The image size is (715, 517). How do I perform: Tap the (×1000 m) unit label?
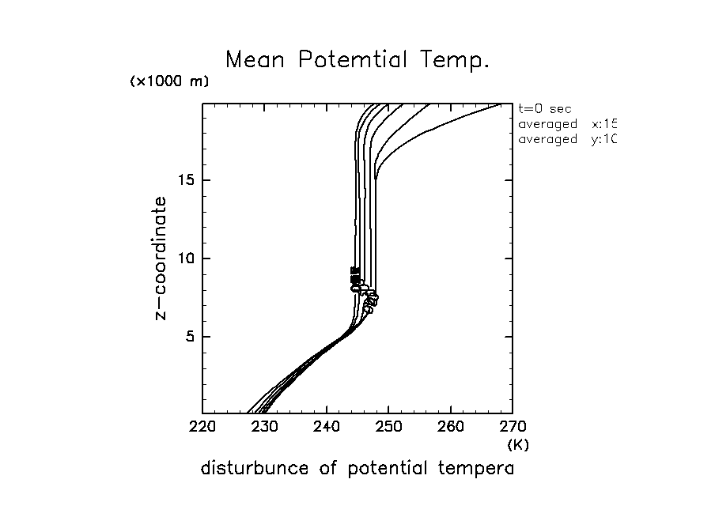click(168, 83)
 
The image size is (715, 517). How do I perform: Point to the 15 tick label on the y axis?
click(186, 180)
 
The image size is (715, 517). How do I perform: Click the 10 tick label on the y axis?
click(186, 258)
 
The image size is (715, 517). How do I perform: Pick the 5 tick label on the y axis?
click(191, 336)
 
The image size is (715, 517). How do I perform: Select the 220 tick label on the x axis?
click(202, 428)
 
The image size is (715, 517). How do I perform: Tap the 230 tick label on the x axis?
click(264, 428)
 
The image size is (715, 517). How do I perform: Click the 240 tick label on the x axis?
click(327, 428)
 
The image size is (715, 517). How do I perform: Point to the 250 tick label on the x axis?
click(388, 428)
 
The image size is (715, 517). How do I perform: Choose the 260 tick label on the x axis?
click(450, 428)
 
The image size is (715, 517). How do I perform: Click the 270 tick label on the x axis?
click(512, 428)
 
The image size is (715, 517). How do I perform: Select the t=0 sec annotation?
click(544, 109)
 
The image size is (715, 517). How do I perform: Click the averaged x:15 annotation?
click(566, 124)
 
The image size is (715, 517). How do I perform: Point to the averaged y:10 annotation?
click(566, 139)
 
